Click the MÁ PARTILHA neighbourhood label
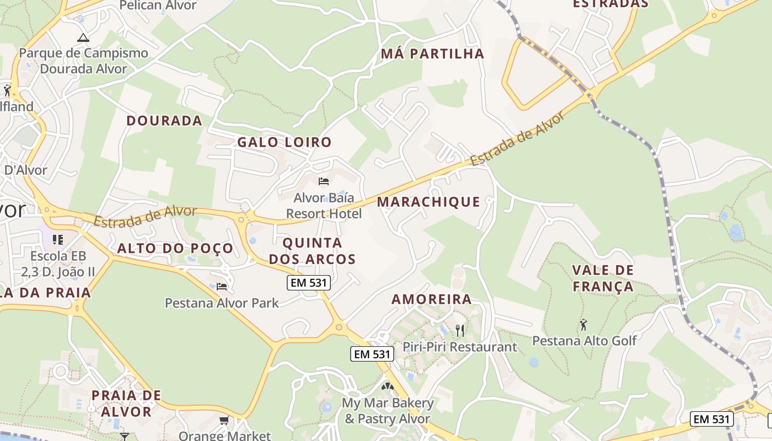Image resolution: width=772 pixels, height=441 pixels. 432,54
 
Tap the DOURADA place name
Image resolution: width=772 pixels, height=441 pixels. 164,121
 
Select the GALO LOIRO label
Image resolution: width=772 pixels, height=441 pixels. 285,142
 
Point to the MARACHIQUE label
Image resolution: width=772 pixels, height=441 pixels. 428,202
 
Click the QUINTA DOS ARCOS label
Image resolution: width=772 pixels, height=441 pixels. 312,251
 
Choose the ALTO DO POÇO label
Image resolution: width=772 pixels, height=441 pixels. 175,249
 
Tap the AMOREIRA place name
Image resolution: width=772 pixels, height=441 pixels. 432,299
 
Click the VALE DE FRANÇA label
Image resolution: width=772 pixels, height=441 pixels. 603,278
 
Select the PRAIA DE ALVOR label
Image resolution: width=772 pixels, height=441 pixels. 126,403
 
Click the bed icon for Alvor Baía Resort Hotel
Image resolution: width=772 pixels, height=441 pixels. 324,181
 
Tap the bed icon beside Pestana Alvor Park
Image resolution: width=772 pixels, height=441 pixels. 222,286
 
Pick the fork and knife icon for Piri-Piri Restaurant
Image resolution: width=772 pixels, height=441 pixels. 460,330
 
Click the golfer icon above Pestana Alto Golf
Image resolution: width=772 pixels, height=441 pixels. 583,325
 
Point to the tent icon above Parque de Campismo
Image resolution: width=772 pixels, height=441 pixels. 83,37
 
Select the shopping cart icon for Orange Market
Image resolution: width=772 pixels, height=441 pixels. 224,421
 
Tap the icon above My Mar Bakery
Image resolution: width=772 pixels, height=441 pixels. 388,386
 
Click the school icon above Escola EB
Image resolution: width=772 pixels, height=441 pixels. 58,240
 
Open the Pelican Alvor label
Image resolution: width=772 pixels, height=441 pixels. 158,6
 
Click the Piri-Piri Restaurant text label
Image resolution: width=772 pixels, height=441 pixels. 460,347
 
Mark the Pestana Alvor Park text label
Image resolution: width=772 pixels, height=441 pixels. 222,303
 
